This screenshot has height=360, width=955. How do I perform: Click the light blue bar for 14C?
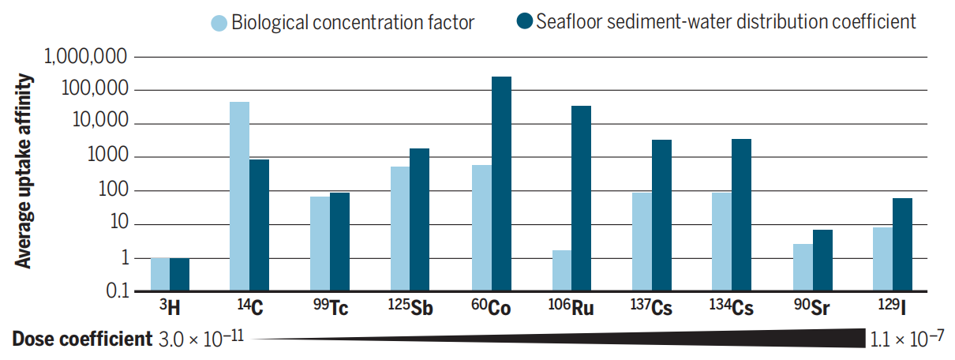click(x=239, y=197)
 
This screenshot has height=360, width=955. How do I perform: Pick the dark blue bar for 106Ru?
click(x=582, y=198)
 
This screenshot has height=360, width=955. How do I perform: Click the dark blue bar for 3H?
click(x=180, y=275)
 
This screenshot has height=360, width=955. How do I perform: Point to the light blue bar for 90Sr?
click(x=802, y=268)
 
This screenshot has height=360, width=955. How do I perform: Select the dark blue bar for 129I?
click(x=902, y=245)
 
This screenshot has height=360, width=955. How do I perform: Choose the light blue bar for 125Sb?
click(x=399, y=229)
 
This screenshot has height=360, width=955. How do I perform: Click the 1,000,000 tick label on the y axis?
click(x=86, y=57)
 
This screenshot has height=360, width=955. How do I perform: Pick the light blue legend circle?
click(x=219, y=22)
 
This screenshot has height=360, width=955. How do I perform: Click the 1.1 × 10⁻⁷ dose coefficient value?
click(x=908, y=339)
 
